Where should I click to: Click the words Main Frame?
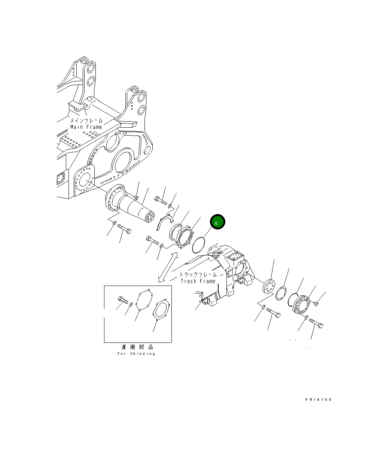click(x=86, y=127)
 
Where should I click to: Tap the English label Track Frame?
click(x=198, y=281)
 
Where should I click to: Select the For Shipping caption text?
click(x=136, y=354)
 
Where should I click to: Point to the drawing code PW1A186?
click(x=318, y=399)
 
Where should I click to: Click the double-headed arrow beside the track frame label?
click(x=168, y=267)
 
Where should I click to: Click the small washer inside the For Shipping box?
click(x=130, y=305)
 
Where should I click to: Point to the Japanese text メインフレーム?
click(x=86, y=121)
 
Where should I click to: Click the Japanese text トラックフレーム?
click(x=198, y=274)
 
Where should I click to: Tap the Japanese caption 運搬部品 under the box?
click(x=137, y=347)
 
